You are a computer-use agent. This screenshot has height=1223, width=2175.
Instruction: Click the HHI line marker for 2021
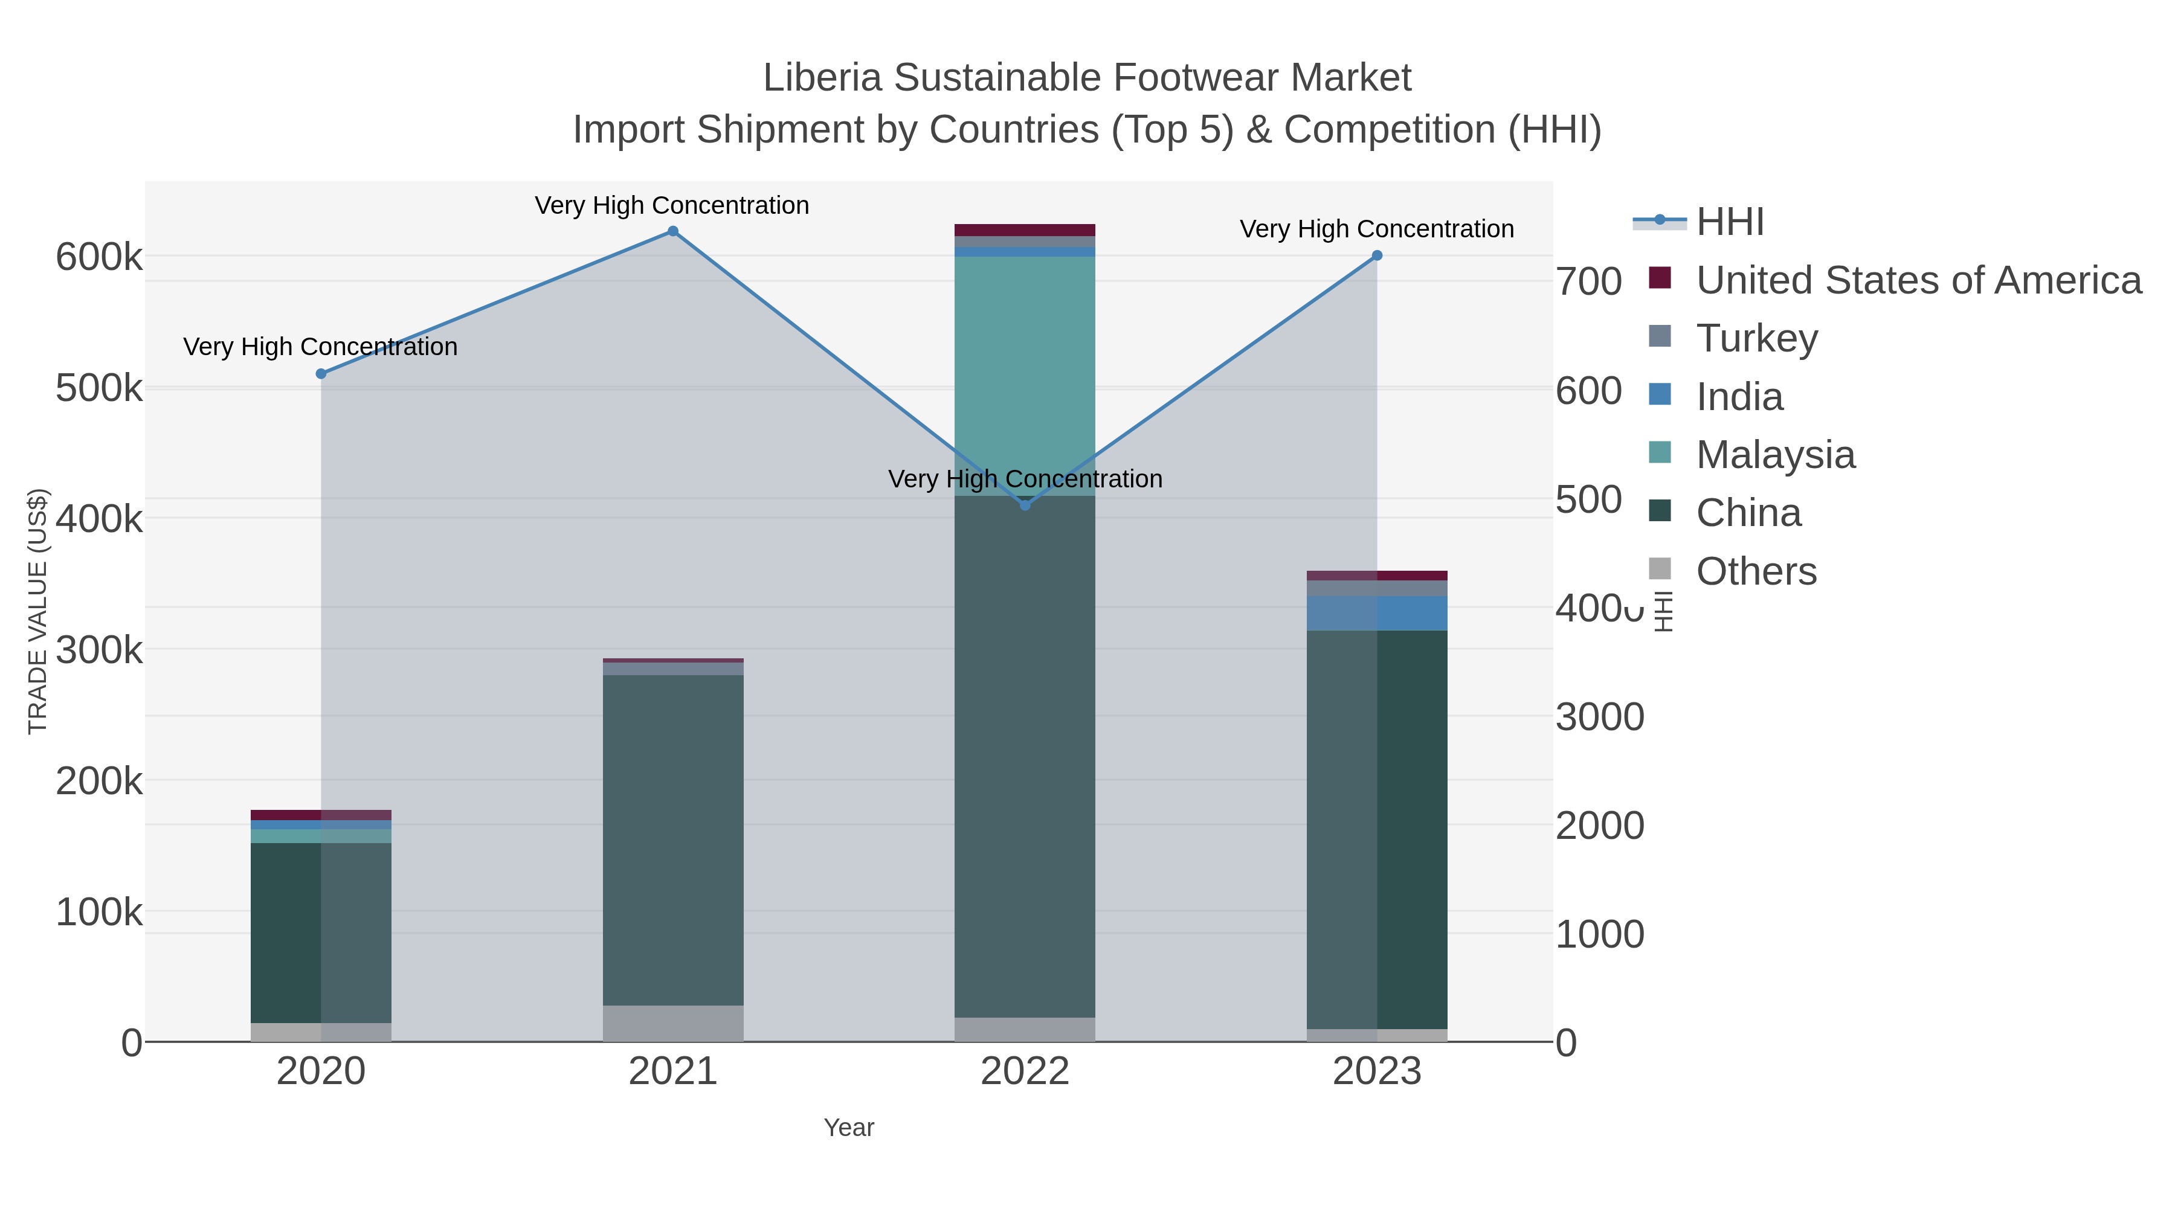(x=673, y=231)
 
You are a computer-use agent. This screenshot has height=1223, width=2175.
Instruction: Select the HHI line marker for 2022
(x=1025, y=505)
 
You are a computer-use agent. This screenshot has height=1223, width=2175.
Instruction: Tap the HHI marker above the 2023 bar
(x=1377, y=255)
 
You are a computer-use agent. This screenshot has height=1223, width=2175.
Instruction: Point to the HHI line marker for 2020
(x=321, y=374)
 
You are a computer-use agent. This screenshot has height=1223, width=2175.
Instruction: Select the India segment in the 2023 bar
(x=1377, y=614)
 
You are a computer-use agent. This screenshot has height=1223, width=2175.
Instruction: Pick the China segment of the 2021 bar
(x=673, y=840)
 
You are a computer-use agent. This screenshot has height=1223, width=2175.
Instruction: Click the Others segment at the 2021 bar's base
(x=673, y=1023)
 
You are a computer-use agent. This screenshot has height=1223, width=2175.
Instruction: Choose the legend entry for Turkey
(x=1756, y=338)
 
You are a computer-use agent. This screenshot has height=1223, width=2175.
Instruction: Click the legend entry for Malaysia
(x=1775, y=455)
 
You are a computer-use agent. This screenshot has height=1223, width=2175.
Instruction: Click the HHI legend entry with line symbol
(x=1729, y=222)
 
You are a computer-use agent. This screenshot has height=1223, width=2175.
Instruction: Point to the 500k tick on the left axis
(x=99, y=389)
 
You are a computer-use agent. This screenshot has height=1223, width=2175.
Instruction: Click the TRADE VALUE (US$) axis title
(x=38, y=611)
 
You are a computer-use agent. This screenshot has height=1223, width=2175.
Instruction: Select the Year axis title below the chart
(x=849, y=1128)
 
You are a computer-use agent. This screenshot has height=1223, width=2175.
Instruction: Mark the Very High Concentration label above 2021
(x=672, y=205)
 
